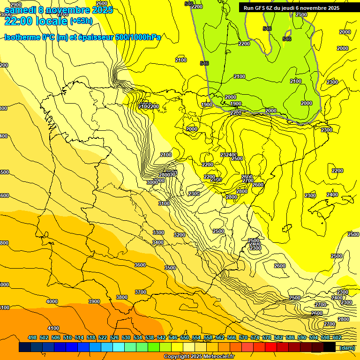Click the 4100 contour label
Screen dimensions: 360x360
tap(53, 328)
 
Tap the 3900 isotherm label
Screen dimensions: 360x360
tap(94, 301)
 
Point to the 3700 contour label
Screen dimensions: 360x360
tap(141, 292)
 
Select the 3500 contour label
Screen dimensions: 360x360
tap(170, 268)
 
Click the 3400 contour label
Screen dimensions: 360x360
tap(158, 242)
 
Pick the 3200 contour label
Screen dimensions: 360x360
tap(179, 235)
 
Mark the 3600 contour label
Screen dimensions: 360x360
tap(140, 265)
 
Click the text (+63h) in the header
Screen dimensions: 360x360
tap(81, 21)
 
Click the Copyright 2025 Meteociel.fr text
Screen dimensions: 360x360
tap(199, 357)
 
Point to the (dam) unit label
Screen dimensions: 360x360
tap(347, 347)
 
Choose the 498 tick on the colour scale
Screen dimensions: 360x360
tap(32, 337)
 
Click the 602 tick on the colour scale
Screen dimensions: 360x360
tap(337, 337)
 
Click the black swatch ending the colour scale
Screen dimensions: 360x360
tap(329, 347)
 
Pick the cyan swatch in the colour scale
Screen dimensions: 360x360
tap(118, 347)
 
